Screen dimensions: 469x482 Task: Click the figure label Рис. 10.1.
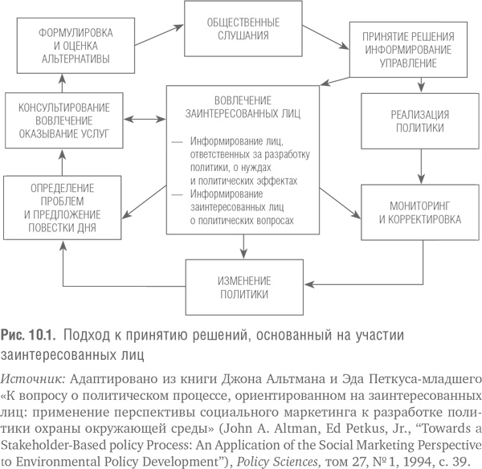[x=29, y=334]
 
